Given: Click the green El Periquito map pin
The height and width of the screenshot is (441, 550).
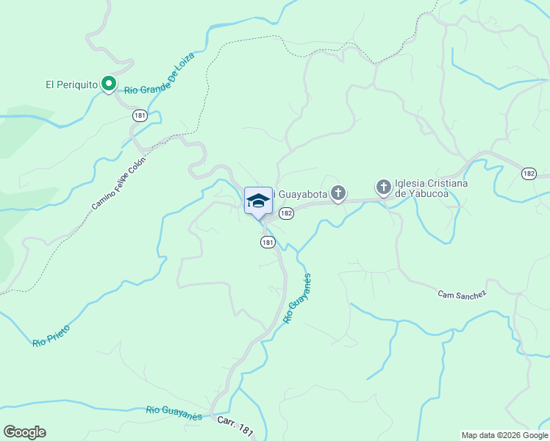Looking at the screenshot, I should pyautogui.click(x=109, y=85).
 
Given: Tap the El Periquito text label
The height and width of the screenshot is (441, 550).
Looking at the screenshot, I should pyautogui.click(x=71, y=85).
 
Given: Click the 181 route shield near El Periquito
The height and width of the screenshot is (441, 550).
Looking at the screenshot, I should pyautogui.click(x=140, y=115).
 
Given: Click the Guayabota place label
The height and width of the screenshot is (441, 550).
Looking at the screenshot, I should pyautogui.click(x=300, y=194).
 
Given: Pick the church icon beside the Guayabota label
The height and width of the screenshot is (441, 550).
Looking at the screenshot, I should pyautogui.click(x=337, y=193).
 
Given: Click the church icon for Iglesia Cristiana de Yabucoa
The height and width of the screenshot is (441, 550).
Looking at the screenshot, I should pyautogui.click(x=383, y=188).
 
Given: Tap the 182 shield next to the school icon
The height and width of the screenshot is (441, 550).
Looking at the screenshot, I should pyautogui.click(x=286, y=213).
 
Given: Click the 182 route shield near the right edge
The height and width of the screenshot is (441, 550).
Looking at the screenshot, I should pyautogui.click(x=529, y=173).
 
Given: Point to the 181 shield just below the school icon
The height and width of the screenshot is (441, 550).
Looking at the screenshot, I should pyautogui.click(x=268, y=242).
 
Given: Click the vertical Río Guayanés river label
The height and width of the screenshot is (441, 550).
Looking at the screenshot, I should pyautogui.click(x=297, y=298).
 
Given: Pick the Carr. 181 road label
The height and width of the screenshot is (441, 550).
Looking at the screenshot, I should pyautogui.click(x=235, y=426).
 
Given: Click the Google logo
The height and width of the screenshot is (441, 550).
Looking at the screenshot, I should pyautogui.click(x=24, y=432).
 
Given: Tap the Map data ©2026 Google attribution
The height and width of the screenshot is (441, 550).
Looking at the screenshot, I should pyautogui.click(x=504, y=435).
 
